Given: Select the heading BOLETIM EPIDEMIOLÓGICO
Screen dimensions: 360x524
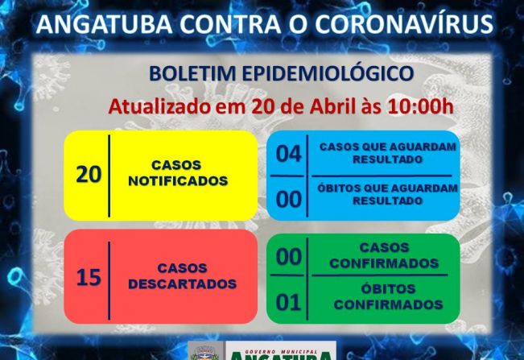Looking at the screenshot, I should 282,74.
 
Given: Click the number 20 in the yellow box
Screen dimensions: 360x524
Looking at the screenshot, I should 89,174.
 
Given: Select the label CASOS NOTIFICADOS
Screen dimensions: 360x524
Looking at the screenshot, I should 177,173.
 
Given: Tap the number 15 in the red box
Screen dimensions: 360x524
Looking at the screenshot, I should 89,278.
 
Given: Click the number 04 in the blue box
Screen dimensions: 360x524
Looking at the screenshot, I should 288,154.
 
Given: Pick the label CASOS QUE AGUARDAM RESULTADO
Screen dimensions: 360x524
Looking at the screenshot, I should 388,153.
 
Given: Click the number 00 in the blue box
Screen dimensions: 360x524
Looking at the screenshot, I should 288,198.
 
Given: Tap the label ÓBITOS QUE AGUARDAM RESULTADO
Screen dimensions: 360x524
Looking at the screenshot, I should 388,193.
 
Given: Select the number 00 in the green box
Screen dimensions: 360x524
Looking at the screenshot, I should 288,258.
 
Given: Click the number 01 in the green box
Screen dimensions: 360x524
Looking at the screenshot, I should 288,303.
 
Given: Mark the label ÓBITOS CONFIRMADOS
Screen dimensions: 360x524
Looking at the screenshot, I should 389,296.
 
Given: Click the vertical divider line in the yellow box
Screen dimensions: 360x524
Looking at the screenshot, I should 109,176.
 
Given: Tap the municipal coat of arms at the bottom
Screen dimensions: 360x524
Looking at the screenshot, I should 201,353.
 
